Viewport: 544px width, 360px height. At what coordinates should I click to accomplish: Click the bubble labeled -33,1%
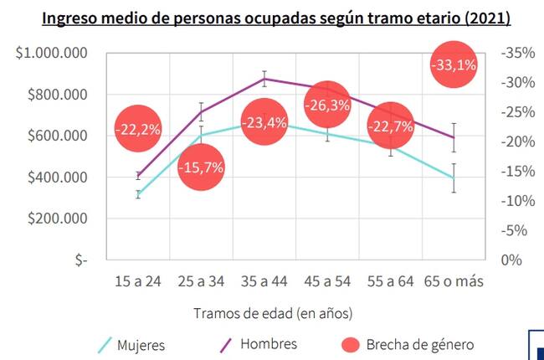coord(453,64)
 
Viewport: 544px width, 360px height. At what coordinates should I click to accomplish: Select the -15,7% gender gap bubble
coord(201,167)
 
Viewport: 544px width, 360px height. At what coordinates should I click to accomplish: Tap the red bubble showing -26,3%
coord(328,105)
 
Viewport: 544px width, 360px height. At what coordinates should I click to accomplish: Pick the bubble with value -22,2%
coord(138,128)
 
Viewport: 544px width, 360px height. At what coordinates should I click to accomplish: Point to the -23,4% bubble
coord(264,122)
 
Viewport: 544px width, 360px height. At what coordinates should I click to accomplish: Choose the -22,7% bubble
coord(391,127)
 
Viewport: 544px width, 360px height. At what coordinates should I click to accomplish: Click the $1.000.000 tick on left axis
coord(52,54)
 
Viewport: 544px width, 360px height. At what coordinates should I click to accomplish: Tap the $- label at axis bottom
coord(80,260)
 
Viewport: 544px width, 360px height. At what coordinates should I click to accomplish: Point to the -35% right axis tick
coord(516,54)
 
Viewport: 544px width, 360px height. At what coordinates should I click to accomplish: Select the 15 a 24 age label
coord(138,282)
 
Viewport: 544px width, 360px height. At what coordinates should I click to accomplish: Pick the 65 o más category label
coord(454,282)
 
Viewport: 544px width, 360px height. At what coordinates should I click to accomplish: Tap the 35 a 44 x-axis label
coord(264,282)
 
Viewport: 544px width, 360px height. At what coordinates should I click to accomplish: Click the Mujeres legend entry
coord(140,345)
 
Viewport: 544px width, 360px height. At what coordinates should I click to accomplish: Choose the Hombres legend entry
coord(268,344)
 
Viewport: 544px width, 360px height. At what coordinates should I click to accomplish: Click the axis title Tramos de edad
coord(273,313)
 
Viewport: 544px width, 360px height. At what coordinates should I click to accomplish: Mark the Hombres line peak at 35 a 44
coord(264,78)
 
